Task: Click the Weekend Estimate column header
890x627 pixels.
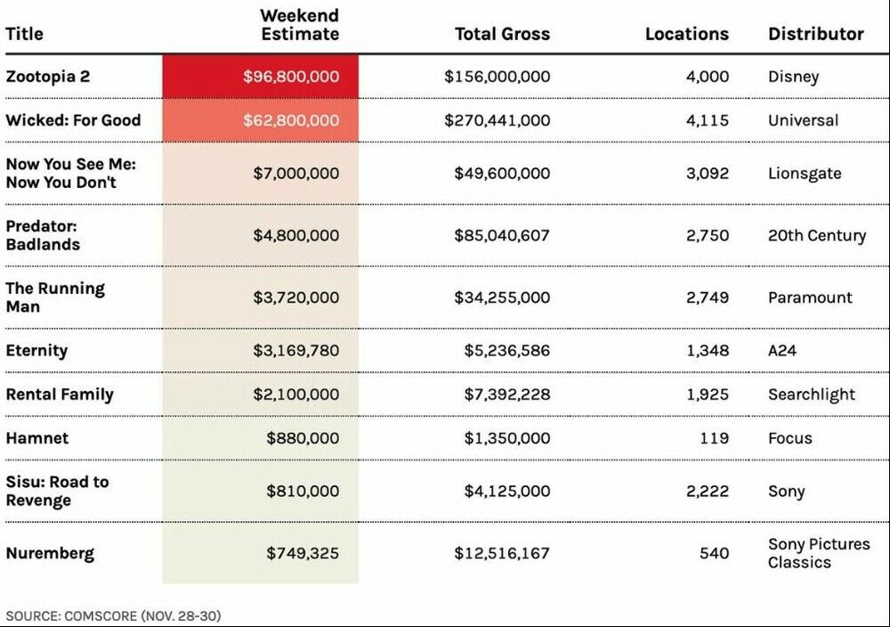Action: pyautogui.click(x=299, y=25)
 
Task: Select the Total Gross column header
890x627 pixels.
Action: pyautogui.click(x=502, y=34)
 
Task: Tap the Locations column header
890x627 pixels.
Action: pyautogui.click(x=686, y=34)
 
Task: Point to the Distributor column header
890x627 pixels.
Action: pyautogui.click(x=815, y=34)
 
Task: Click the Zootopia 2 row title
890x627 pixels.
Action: pyautogui.click(x=47, y=77)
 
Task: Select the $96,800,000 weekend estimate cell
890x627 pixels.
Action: pyautogui.click(x=291, y=77)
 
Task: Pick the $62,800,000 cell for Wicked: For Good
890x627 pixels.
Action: pyautogui.click(x=291, y=120)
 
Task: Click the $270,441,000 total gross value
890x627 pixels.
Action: pyautogui.click(x=497, y=120)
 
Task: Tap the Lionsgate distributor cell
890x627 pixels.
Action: pyautogui.click(x=804, y=173)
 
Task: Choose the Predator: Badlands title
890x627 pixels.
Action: pyautogui.click(x=43, y=235)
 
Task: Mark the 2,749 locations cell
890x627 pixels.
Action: pyautogui.click(x=707, y=297)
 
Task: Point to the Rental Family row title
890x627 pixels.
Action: pyautogui.click(x=60, y=395)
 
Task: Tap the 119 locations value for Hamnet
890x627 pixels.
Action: pyautogui.click(x=714, y=438)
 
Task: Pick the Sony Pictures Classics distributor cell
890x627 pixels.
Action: pyautogui.click(x=819, y=553)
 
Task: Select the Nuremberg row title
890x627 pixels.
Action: pyautogui.click(x=50, y=553)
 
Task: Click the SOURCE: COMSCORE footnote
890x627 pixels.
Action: pyautogui.click(x=113, y=615)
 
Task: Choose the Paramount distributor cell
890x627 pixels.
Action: pyautogui.click(x=810, y=297)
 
